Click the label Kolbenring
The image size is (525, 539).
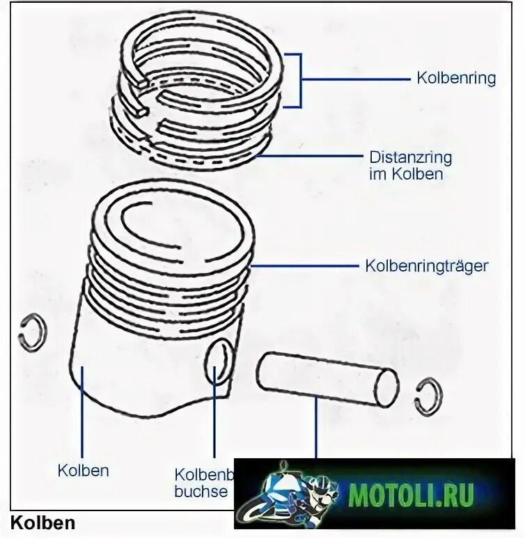coord(456,78)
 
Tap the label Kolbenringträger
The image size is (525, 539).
coord(426,266)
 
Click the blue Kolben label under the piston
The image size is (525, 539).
coord(83,471)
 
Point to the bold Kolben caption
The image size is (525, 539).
coord(43,522)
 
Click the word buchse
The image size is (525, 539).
coord(201,491)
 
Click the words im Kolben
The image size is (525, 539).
coord(405,174)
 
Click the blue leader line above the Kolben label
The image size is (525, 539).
coord(83,411)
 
